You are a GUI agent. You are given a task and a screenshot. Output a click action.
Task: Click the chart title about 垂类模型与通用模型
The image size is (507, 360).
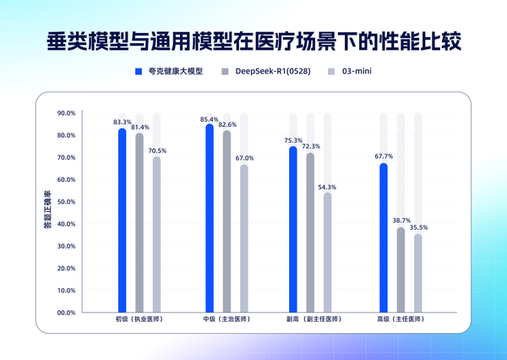(x=253, y=40)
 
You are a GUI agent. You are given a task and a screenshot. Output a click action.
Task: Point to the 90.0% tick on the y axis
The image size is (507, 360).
(x=65, y=113)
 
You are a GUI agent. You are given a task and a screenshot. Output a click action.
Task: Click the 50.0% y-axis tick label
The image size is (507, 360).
(x=65, y=202)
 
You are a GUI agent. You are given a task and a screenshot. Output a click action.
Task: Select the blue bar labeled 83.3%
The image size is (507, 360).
(x=123, y=220)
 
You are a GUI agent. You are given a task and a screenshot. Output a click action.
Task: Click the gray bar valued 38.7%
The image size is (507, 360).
(x=401, y=270)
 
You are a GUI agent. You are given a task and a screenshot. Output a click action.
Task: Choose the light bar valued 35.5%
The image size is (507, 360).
(x=417, y=273)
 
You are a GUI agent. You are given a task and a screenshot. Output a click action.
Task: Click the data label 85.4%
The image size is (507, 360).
(x=209, y=119)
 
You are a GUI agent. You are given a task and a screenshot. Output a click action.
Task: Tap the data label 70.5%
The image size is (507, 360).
(x=158, y=150)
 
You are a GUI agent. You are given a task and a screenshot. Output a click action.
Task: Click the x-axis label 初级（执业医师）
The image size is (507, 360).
(x=139, y=320)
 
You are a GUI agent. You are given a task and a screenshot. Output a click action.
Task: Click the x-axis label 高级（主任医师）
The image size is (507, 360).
(x=401, y=320)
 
